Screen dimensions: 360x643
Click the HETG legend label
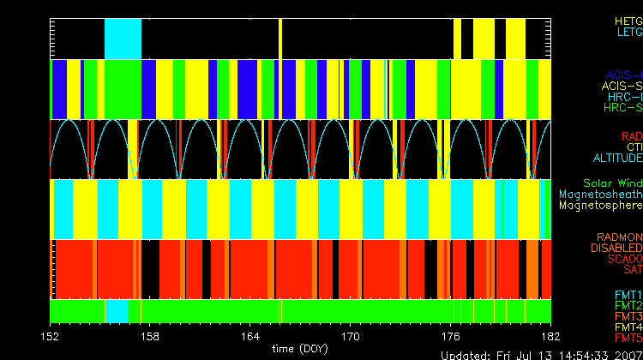click(628, 20)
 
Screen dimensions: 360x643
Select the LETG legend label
click(628, 32)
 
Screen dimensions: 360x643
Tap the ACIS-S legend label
click(622, 86)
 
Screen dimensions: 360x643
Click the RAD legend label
click(631, 136)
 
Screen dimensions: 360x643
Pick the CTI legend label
click(634, 147)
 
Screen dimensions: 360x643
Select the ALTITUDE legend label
click(617, 159)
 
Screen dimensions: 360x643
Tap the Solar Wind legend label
click(612, 183)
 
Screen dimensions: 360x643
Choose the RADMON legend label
click(620, 237)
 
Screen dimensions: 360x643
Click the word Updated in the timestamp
click(468, 354)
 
